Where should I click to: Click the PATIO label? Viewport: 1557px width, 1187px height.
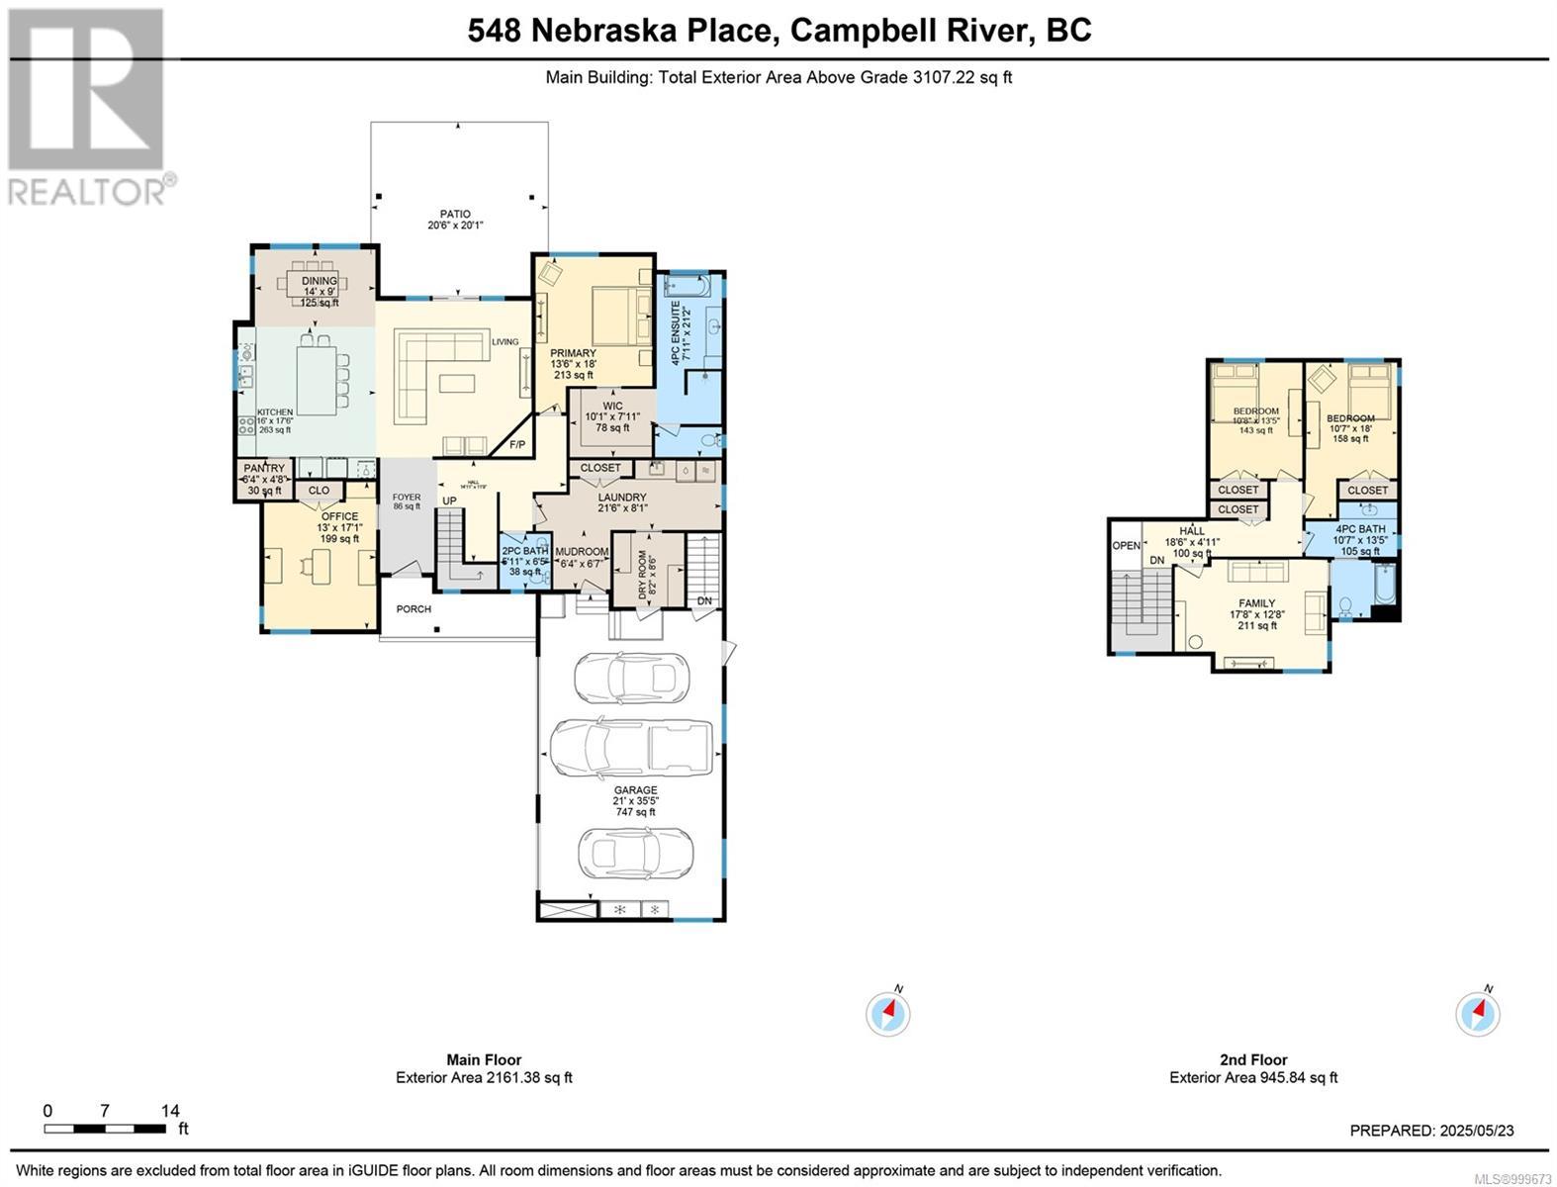coord(455,214)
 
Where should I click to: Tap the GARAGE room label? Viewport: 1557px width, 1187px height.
coord(635,790)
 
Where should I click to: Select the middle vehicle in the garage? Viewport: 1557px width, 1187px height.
coord(631,749)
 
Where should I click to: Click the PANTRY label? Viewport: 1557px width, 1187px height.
coord(264,469)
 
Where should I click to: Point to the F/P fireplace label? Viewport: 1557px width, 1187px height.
coord(516,446)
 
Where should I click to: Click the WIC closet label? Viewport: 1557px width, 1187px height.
coord(612,406)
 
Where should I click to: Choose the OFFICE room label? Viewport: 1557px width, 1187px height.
coord(339,516)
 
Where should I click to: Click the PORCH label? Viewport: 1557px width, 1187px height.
coord(413,609)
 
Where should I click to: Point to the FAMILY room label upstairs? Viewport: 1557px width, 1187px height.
coord(1256,603)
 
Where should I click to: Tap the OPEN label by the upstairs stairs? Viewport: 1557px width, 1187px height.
coord(1126,546)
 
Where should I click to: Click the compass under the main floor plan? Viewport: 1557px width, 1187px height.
coord(888,1013)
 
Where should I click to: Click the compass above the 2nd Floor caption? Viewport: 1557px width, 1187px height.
coord(1478,1013)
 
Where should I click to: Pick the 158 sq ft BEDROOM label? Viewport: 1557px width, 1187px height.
coord(1350,418)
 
